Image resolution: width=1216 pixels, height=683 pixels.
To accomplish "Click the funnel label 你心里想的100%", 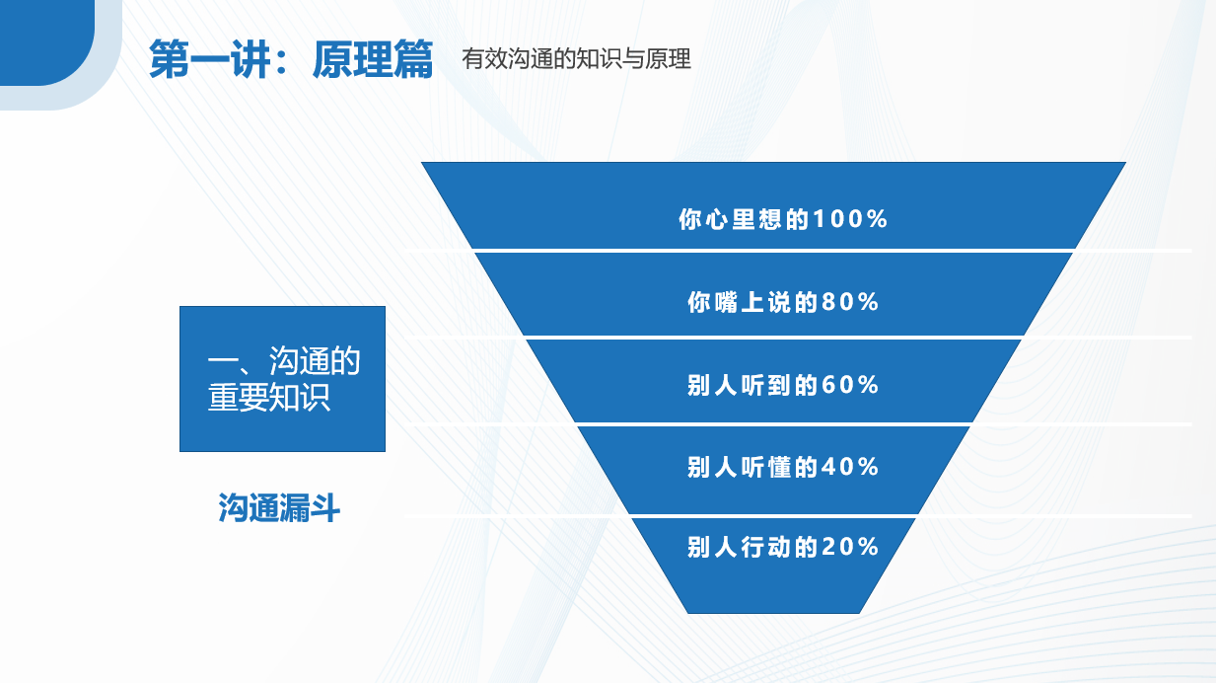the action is tap(783, 219).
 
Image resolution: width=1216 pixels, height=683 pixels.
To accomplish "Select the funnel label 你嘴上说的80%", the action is tap(783, 302).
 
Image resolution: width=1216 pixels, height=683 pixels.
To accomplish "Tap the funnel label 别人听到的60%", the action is tap(783, 385).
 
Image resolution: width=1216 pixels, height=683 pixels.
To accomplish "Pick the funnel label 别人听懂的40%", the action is tap(783, 467).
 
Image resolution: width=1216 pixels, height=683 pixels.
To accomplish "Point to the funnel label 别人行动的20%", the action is tap(783, 547).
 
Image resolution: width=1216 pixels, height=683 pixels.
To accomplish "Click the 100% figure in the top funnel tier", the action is tap(850, 219).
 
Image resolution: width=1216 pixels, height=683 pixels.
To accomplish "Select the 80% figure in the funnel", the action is tap(850, 302).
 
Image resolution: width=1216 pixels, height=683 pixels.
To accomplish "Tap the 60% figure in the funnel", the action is tap(850, 385).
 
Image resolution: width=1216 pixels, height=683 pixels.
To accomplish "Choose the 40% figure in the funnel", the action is tap(850, 467).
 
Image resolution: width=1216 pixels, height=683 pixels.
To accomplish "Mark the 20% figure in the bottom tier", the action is tap(850, 547).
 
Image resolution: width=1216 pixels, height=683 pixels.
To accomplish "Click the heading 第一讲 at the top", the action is tap(210, 59).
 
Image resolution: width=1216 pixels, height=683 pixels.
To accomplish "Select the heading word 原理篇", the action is tap(373, 59).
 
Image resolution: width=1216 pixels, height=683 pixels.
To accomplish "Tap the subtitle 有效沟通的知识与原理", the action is tap(576, 58).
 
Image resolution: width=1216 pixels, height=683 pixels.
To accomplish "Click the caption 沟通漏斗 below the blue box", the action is tap(279, 508).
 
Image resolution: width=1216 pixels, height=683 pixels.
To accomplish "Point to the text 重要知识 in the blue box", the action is tap(268, 398).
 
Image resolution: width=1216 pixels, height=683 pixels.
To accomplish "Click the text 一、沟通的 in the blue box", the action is tap(284, 361).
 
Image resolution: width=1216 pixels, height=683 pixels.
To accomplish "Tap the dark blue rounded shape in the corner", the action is tap(46, 42).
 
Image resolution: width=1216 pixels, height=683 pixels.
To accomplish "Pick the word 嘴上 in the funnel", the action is tap(739, 302).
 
